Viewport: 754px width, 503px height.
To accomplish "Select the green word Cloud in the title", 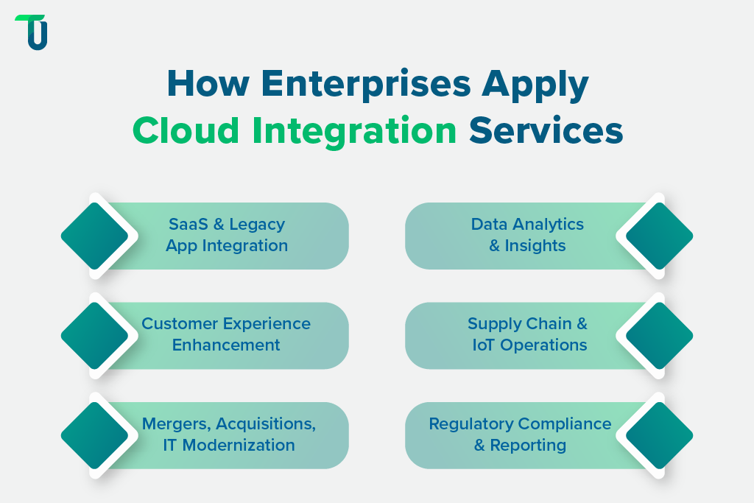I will point(186,131).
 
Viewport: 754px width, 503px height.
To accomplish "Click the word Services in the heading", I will point(546,131).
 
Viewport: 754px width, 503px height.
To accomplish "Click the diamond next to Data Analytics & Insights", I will point(659,236).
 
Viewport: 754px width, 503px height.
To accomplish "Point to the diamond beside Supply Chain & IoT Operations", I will point(659,336).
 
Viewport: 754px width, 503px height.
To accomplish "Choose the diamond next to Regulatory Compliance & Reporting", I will point(659,435).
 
